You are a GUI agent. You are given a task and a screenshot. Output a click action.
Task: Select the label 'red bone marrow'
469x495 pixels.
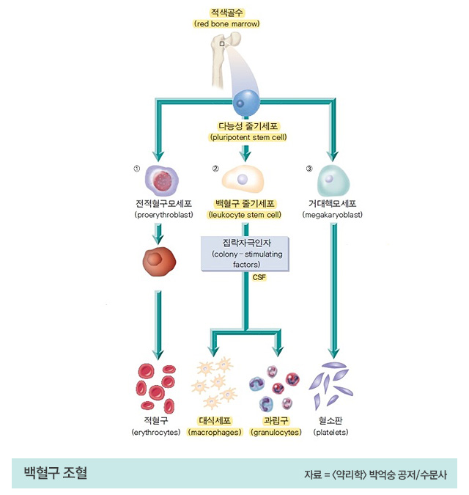click(227, 24)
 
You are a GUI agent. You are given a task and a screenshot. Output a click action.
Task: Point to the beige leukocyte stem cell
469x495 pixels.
click(244, 178)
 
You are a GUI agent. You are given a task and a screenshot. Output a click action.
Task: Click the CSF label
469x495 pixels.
click(259, 277)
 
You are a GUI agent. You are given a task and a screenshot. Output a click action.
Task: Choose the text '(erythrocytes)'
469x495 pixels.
click(156, 433)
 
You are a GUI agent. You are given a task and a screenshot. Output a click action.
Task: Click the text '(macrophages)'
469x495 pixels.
click(215, 433)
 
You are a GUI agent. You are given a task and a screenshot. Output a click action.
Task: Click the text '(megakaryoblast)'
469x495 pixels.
click(332, 216)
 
